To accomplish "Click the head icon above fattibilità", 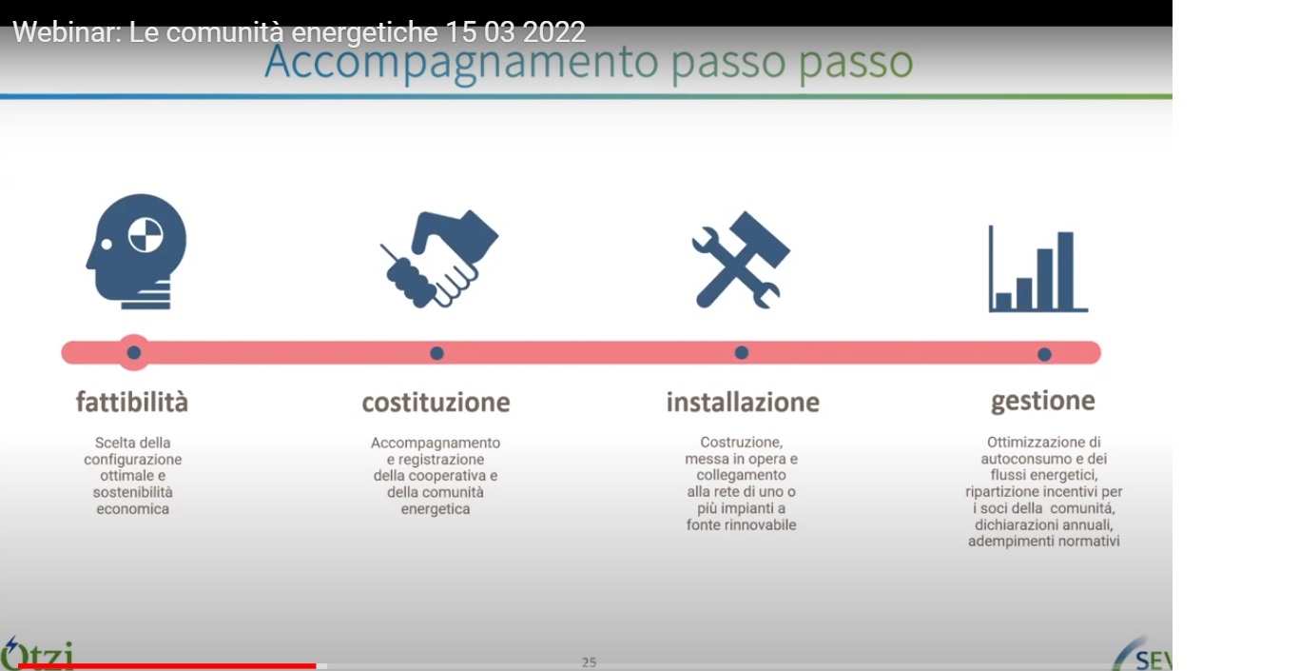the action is point(137,251).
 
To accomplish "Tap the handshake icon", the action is point(439,259).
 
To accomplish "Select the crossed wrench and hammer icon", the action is point(741,260).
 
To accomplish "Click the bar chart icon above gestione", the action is point(1037,269).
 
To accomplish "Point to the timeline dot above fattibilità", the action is point(134,352).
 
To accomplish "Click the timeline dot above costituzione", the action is point(436,353).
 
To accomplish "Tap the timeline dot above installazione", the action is point(741,352).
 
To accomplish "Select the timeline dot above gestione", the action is point(1044,354).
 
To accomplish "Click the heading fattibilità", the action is point(132,403).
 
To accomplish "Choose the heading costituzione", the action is point(436,403).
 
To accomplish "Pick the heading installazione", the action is point(743,403).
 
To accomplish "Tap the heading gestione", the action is point(1042,402).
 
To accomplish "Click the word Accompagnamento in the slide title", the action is point(461,63).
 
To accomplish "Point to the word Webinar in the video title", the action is point(67,32).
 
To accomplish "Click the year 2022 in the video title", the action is point(553,32).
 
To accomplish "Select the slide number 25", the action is point(590,662).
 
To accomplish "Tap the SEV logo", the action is point(1143,655).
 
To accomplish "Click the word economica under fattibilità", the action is point(133,509).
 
